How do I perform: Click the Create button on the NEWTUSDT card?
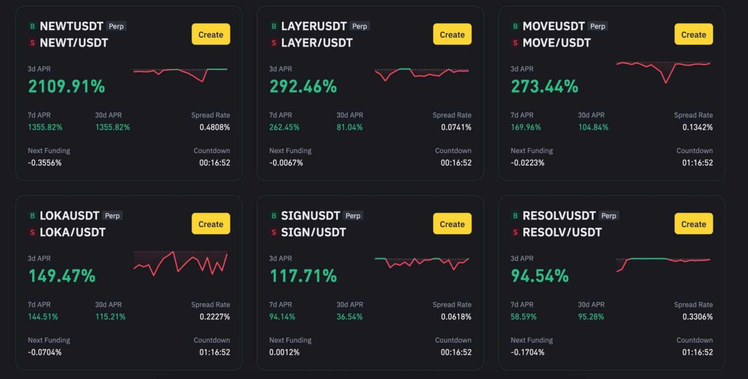210,35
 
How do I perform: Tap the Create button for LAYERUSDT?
452,35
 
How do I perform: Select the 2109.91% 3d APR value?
66,87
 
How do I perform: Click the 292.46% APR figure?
303,87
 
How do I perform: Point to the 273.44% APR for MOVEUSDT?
544,87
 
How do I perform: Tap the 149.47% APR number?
62,276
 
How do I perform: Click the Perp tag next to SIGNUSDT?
353,216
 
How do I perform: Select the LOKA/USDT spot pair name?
73,232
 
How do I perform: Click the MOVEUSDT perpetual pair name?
553,26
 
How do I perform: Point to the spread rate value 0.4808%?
214,127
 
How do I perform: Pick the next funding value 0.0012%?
284,352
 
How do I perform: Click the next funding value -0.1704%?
527,352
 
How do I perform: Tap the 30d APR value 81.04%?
349,127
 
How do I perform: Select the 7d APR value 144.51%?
43,317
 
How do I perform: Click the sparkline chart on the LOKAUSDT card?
180,264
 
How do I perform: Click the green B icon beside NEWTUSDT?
33,26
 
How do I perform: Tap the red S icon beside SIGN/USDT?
274,232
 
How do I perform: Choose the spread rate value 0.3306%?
697,317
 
